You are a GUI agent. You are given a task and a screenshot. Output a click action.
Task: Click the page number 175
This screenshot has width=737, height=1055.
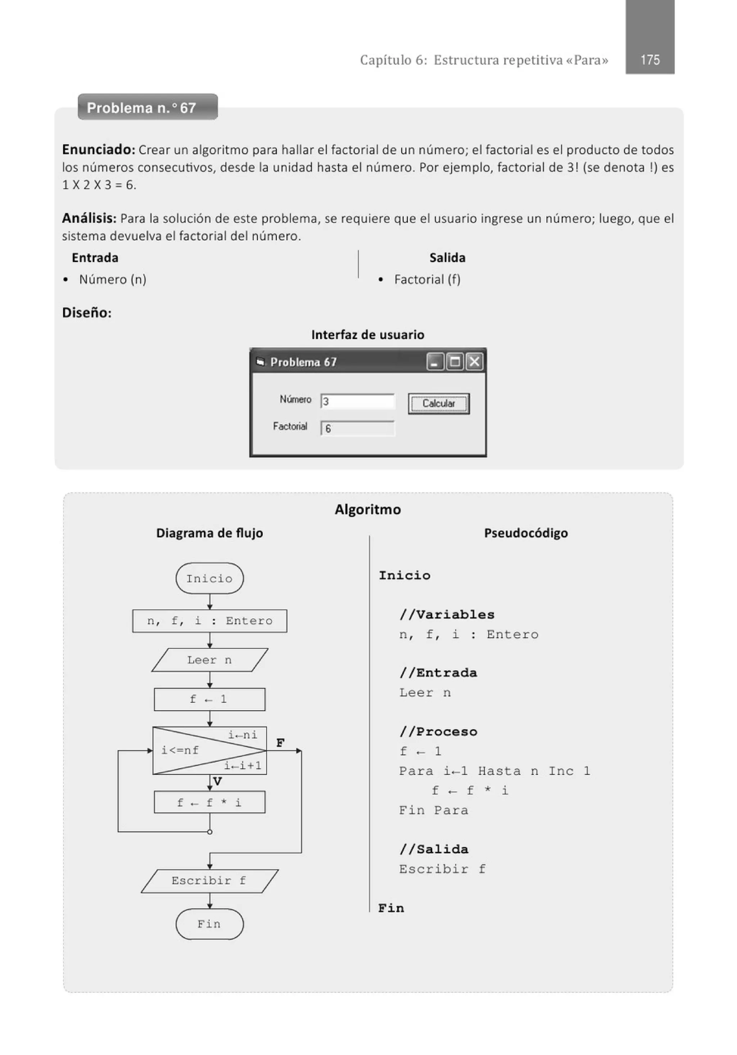coord(650,60)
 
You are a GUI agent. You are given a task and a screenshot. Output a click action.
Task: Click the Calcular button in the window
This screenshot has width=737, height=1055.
coord(438,403)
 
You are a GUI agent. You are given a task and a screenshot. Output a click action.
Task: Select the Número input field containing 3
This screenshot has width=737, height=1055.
coord(357,401)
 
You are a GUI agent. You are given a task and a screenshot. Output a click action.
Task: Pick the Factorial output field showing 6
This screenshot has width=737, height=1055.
coord(357,428)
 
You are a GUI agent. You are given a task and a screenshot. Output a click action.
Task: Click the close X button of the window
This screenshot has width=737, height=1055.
coord(475,362)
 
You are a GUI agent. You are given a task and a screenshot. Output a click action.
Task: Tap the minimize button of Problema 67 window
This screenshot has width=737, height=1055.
coord(435,362)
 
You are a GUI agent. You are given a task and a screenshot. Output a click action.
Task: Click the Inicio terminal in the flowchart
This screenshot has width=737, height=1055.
coord(209,578)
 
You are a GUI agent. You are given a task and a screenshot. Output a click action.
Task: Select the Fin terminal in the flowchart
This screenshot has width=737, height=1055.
coord(209,924)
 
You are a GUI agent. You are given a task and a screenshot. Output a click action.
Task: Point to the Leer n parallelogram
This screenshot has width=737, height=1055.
coord(209,660)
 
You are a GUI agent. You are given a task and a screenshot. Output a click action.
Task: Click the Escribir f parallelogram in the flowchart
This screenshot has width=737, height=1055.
coord(209,880)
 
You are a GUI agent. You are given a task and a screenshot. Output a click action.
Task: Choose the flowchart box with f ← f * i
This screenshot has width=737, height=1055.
coord(209,802)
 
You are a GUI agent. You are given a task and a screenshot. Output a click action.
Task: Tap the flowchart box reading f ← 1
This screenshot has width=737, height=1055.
coord(209,699)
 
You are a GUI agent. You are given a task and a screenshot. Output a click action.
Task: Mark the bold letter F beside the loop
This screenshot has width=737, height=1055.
coord(280,743)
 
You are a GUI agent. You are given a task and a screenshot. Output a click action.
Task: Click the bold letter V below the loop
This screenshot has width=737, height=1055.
coord(218,781)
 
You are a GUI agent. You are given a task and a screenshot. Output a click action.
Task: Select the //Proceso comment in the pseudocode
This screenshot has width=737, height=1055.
coord(438,731)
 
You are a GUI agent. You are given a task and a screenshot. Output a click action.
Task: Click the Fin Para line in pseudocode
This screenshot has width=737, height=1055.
coord(434,810)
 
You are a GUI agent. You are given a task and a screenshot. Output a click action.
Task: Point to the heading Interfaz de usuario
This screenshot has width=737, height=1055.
coord(367,334)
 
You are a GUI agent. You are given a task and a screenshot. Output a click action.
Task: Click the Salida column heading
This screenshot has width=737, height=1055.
coord(447,258)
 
